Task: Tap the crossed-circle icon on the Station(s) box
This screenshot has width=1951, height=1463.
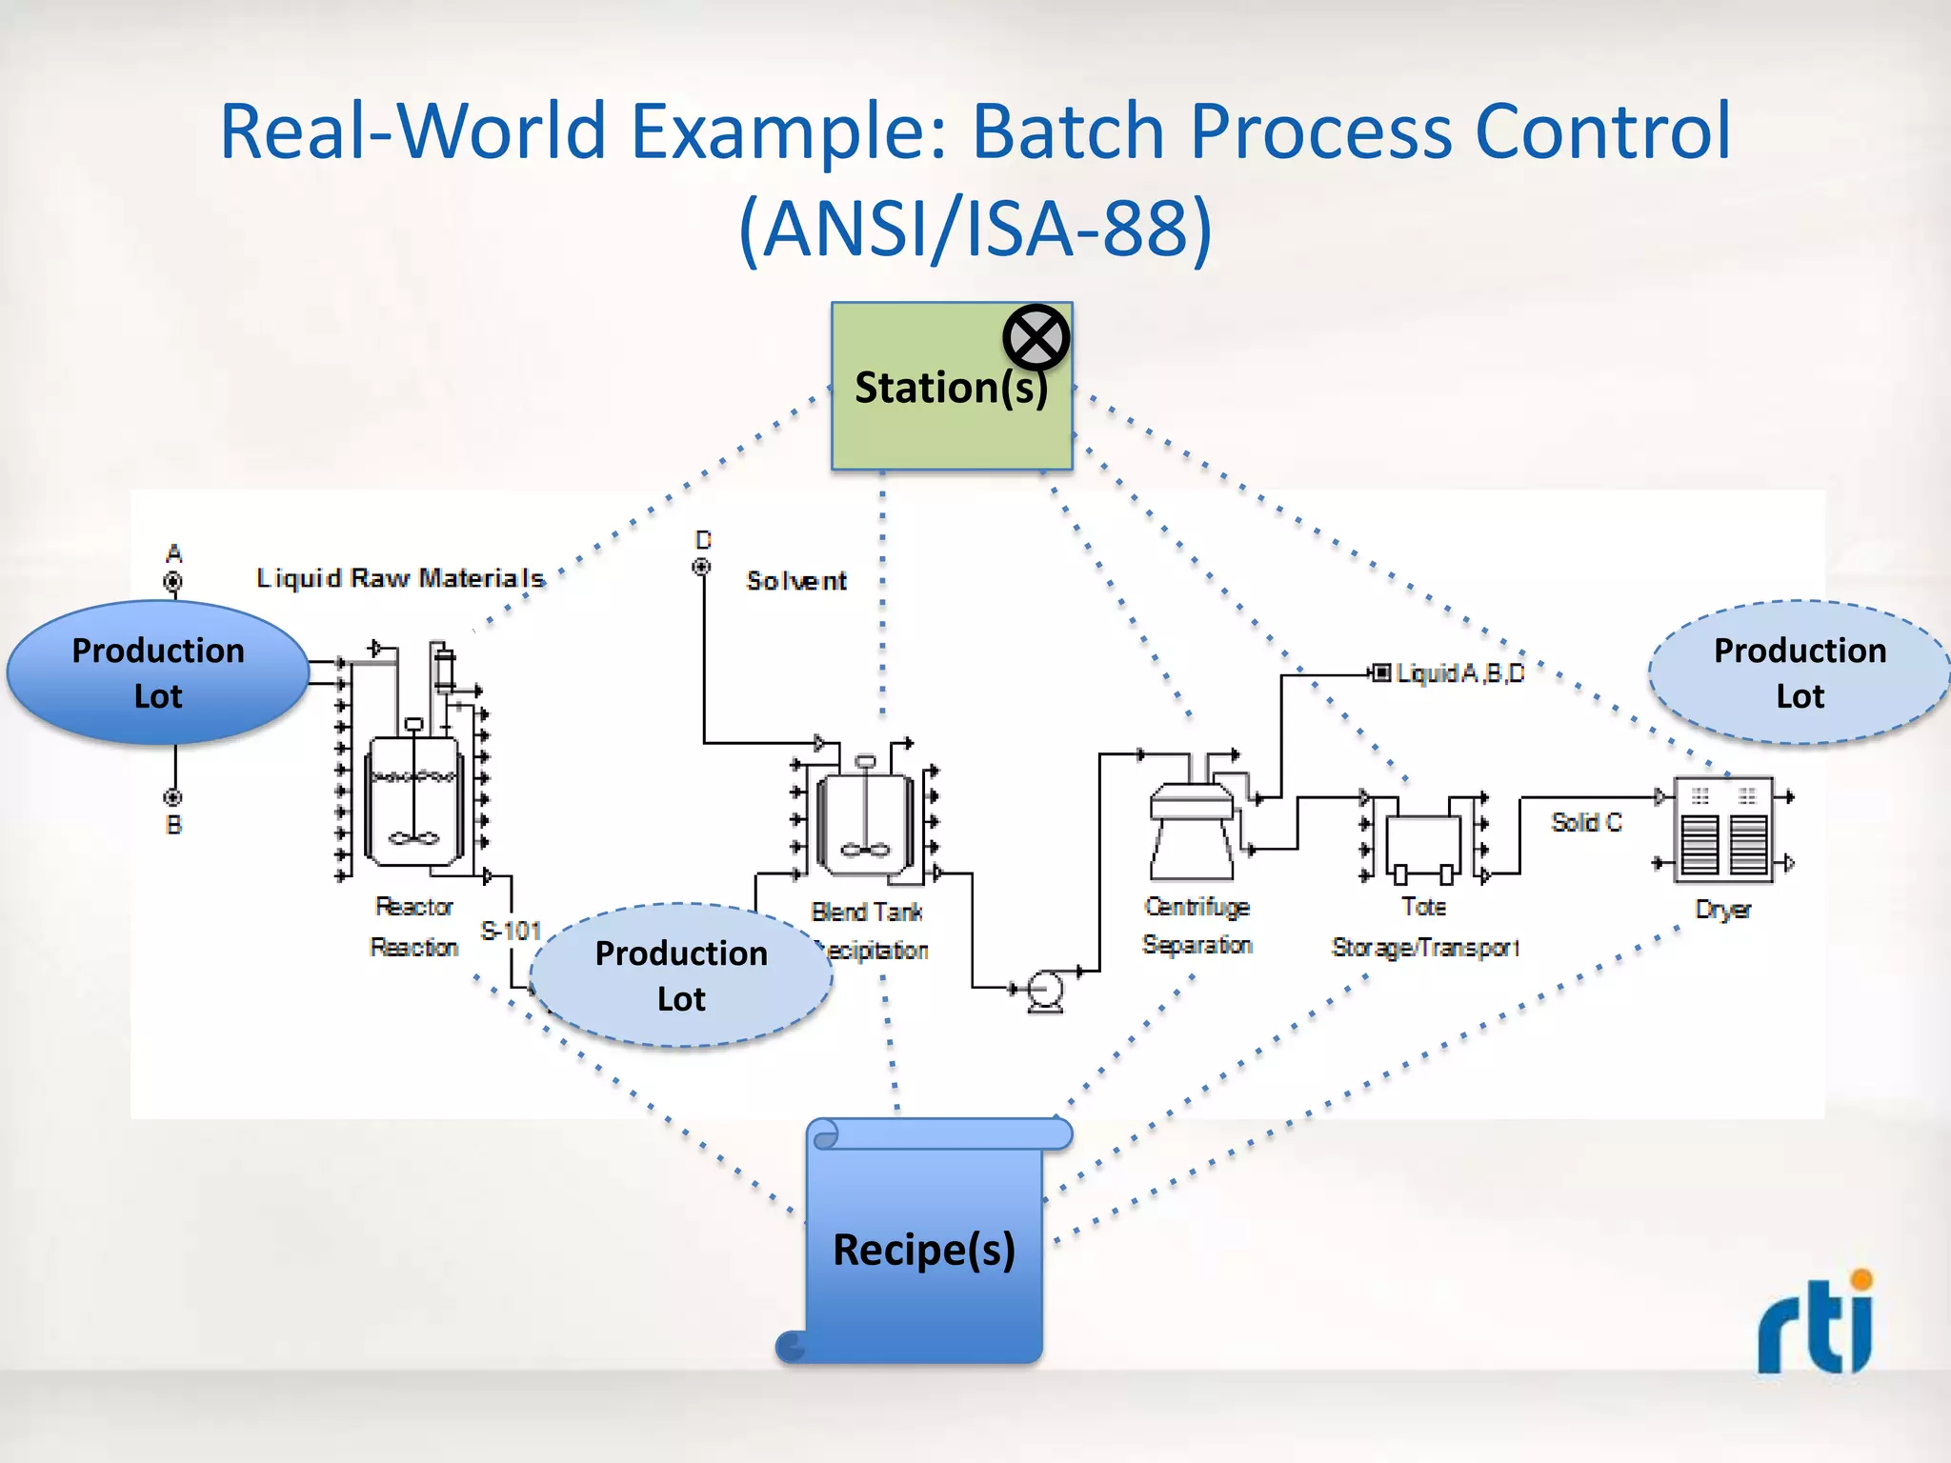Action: [x=1036, y=337]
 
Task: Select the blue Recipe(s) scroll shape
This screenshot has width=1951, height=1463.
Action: [x=923, y=1249]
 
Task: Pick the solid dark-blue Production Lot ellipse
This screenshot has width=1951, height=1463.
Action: [x=158, y=672]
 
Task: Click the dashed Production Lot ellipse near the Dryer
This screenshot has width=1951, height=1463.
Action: [x=1800, y=672]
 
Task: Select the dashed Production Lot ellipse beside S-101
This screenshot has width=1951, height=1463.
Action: [x=681, y=975]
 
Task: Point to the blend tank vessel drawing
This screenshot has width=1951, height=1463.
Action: [x=865, y=823]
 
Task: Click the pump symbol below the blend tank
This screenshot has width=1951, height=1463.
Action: [x=1046, y=991]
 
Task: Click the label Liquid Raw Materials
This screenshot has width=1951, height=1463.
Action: [x=400, y=578]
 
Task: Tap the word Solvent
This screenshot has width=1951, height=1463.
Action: [x=796, y=581]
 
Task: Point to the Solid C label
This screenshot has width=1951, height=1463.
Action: [x=1585, y=822]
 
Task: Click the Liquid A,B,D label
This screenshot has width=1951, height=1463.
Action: [x=1459, y=673]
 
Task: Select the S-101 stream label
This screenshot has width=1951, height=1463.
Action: [x=511, y=931]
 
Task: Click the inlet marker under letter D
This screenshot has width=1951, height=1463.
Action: [x=701, y=568]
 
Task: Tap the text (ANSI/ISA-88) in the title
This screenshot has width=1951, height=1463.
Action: [x=975, y=229]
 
